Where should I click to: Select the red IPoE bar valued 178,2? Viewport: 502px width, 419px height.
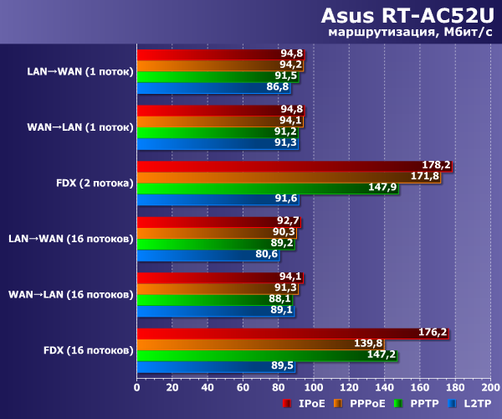point(293,165)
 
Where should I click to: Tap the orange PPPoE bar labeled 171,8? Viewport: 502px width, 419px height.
point(288,176)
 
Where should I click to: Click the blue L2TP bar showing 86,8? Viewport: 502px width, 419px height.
point(213,87)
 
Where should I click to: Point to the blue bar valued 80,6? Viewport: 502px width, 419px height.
point(207,254)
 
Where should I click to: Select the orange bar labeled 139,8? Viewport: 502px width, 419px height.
point(259,343)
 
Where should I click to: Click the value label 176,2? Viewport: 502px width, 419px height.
point(433,332)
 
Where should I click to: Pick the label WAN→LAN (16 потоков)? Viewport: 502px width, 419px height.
point(70,294)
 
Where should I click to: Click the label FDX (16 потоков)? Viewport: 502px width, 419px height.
point(87,349)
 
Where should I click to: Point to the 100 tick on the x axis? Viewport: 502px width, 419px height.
point(313,388)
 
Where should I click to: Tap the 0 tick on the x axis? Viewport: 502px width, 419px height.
point(136,388)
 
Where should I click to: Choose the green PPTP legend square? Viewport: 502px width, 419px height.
point(399,404)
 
